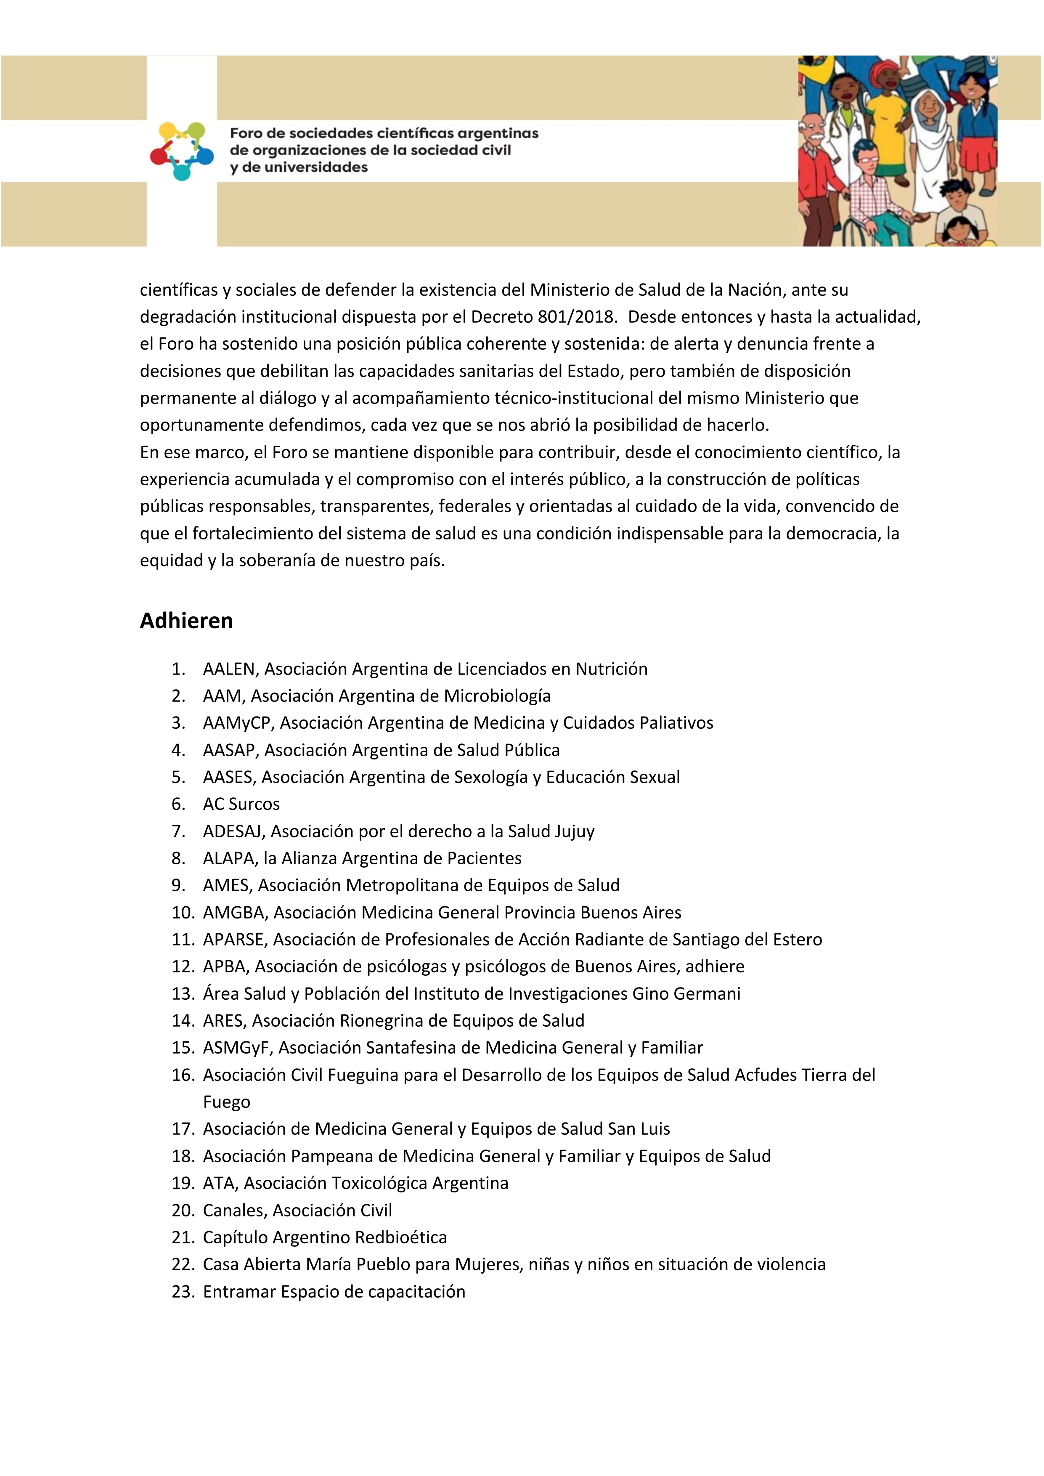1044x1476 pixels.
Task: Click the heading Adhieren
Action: tap(186, 621)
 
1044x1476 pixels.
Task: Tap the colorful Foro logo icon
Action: tap(182, 151)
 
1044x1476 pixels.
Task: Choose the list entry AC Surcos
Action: tap(241, 804)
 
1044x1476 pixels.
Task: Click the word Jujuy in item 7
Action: tap(575, 832)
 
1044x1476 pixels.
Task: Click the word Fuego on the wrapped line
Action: tap(226, 1102)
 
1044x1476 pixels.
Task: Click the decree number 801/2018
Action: tap(576, 317)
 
